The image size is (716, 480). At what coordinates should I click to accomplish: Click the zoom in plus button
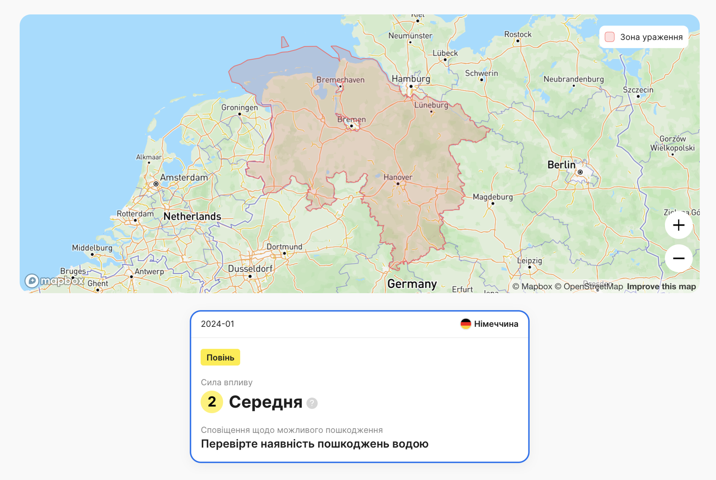point(679,225)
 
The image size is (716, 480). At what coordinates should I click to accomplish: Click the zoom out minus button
point(679,258)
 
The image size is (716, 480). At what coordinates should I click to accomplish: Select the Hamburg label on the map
point(411,79)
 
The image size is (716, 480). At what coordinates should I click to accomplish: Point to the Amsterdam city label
point(184,178)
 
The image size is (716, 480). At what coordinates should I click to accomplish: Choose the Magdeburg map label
point(493,197)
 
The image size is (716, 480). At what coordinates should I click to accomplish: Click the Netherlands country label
point(192,216)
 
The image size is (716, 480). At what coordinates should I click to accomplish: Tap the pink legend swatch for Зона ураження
point(609,37)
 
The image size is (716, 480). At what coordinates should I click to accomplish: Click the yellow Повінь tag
point(220,357)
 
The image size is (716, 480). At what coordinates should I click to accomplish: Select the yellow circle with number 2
point(212,402)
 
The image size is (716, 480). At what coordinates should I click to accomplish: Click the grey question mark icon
point(312,403)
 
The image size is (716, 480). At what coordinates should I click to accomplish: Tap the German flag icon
point(465,324)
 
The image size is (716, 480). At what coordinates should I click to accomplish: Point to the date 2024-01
point(218,324)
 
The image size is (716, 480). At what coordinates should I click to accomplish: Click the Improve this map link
point(661,286)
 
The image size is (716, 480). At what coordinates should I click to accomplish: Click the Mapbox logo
point(54,280)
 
